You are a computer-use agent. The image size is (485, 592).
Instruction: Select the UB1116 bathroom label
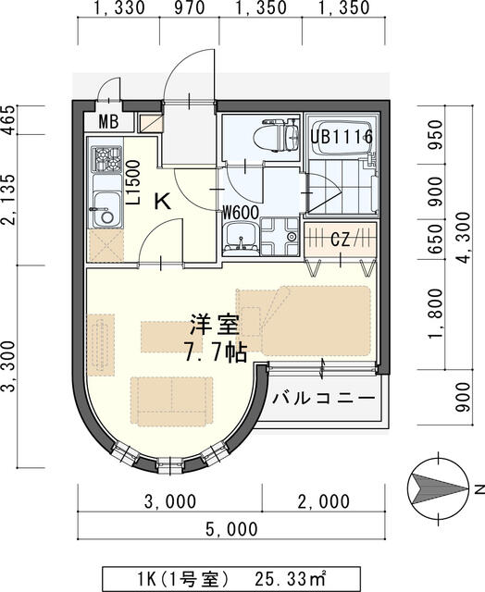coord(342,137)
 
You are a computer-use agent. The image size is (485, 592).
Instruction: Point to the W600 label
coord(239,212)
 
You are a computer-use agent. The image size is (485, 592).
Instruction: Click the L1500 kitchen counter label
coord(132,182)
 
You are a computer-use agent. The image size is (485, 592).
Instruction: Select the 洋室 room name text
coord(215,325)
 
